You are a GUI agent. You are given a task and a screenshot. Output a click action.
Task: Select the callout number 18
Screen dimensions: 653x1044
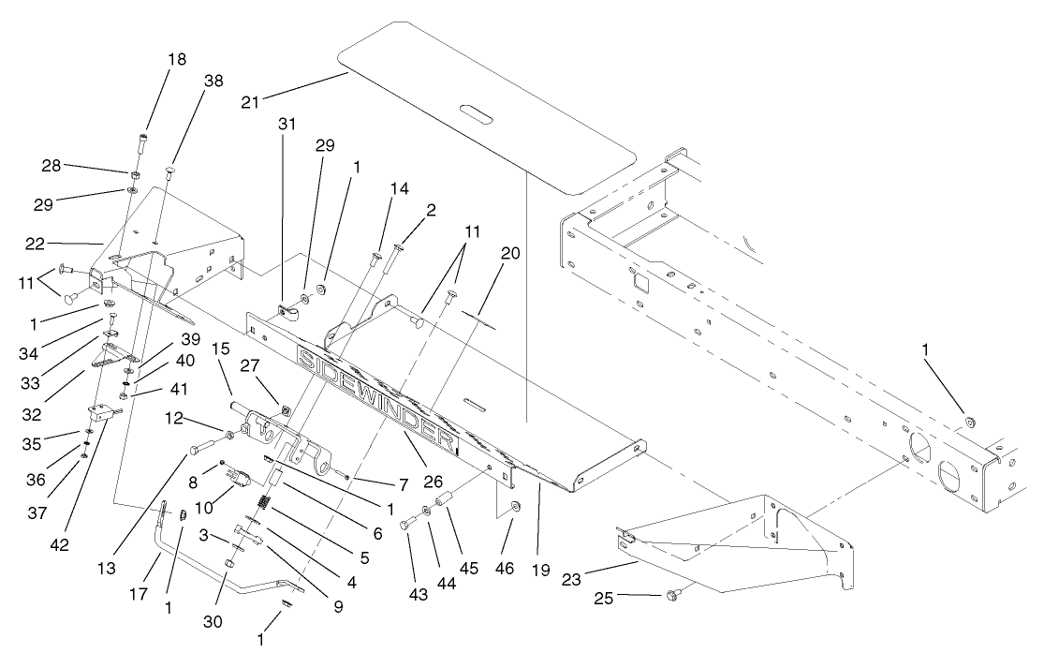176,59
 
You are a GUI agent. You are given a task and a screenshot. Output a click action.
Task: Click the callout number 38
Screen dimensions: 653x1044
213,82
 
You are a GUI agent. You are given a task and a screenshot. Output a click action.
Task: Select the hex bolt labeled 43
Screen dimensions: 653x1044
406,524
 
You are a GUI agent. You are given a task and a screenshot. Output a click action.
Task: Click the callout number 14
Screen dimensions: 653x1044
399,188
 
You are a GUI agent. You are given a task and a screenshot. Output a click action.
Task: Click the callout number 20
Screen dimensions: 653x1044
510,253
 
